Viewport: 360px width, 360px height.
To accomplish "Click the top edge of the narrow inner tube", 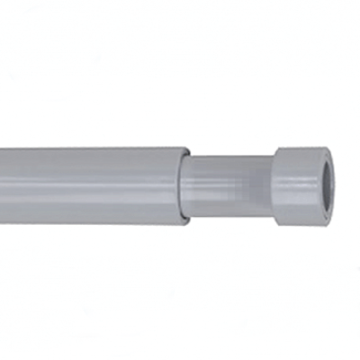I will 229,156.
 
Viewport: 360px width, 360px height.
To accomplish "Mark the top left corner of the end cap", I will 275,148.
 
